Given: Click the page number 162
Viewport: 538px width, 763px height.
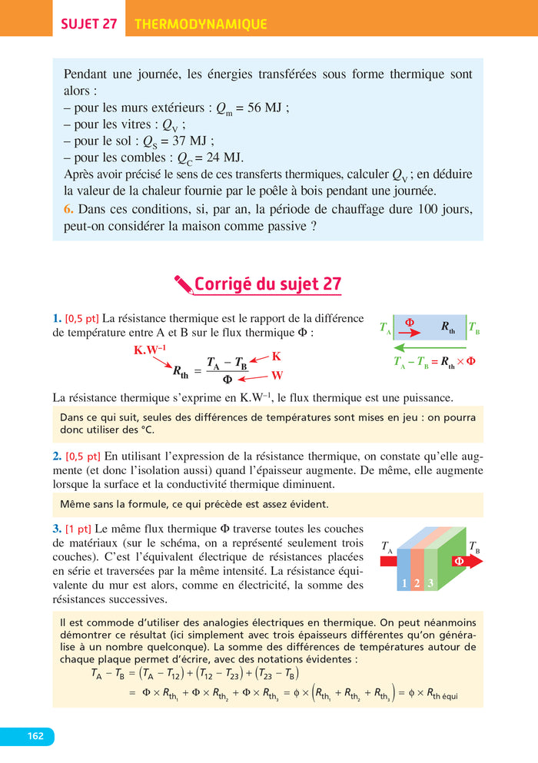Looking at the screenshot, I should point(35,736).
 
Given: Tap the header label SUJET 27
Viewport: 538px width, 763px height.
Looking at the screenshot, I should point(88,24).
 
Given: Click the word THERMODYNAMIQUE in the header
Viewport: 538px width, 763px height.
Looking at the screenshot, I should point(201,24).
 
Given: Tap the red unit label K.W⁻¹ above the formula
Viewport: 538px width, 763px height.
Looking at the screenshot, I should point(150,351).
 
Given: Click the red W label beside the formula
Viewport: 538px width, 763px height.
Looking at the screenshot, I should point(277,376).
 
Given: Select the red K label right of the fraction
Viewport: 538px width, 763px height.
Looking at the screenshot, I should point(277,357).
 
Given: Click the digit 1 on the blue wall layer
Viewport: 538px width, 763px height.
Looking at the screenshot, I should point(403,583).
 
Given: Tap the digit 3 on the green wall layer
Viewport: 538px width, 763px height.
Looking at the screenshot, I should point(431,583).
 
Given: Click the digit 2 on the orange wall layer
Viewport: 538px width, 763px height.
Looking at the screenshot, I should point(417,583).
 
